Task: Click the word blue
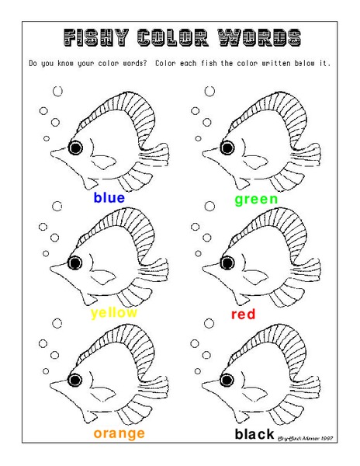point(109,198)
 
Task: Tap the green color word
point(256,200)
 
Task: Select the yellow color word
point(113,313)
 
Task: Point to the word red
point(243,315)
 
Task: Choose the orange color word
point(119,433)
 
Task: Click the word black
point(254,434)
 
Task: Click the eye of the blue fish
point(75,148)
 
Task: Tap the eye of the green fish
point(228,148)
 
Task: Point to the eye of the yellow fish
point(75,264)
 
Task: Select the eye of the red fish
point(228,264)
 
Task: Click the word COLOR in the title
point(174,37)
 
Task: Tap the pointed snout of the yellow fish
point(53,269)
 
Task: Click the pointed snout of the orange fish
point(53,386)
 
